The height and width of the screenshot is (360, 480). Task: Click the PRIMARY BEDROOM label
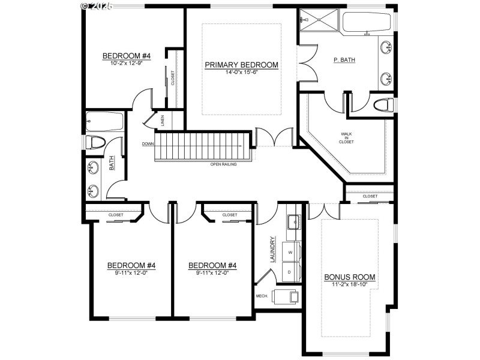pyautogui.click(x=242, y=65)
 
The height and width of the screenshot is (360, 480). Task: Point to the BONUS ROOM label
pyautogui.click(x=350, y=277)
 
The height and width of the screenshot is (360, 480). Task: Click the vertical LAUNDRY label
pyautogui.click(x=273, y=248)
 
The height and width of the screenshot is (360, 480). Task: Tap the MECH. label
pyautogui.click(x=262, y=296)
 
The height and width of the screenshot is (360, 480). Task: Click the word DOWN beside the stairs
pyautogui.click(x=148, y=144)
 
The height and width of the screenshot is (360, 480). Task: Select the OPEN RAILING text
pyautogui.click(x=223, y=164)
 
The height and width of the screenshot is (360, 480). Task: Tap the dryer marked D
pyautogui.click(x=291, y=271)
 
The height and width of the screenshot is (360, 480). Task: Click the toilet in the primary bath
pyautogui.click(x=382, y=106)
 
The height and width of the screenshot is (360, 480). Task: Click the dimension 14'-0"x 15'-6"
pyautogui.click(x=242, y=72)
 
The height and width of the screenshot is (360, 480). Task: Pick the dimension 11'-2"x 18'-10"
pyautogui.click(x=350, y=284)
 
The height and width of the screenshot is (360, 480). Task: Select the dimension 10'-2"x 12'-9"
pyautogui.click(x=126, y=63)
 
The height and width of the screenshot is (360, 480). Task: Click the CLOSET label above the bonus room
pyautogui.click(x=370, y=196)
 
